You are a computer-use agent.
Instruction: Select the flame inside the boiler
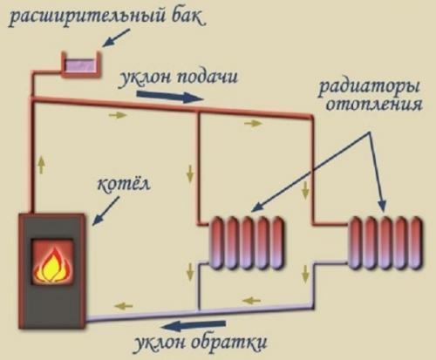point(51,262)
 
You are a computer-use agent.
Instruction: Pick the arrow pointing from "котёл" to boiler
point(99,205)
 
